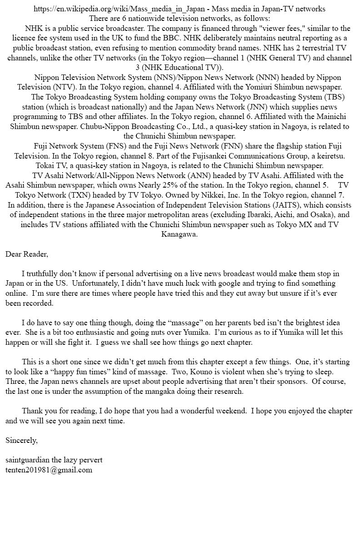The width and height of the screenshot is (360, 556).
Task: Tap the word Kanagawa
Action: [x=180, y=234]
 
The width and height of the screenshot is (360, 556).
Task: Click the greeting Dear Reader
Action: [x=26, y=254]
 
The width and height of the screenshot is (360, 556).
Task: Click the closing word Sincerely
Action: [x=21, y=440]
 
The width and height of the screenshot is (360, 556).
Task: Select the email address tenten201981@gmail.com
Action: [x=49, y=470]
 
